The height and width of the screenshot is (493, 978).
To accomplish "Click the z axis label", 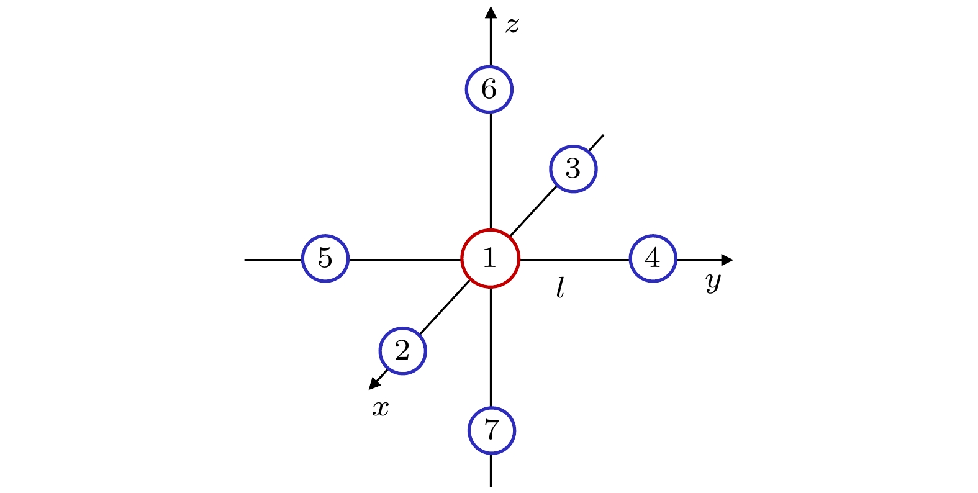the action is tap(512, 25).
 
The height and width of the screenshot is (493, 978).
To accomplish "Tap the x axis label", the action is tap(381, 409).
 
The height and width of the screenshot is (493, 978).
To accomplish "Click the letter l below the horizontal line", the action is tap(560, 287).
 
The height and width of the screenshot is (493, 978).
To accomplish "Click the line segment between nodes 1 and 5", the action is tap(405, 260).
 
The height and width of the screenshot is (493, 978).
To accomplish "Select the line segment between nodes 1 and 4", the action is tap(574, 260).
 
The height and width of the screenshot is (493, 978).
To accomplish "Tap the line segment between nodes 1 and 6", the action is tap(491, 171).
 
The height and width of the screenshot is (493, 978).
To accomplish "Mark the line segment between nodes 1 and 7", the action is tap(491, 348).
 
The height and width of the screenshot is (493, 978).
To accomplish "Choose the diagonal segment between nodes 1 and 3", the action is tap(533, 211).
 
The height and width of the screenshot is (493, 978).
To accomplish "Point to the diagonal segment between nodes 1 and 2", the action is tap(445, 307).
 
